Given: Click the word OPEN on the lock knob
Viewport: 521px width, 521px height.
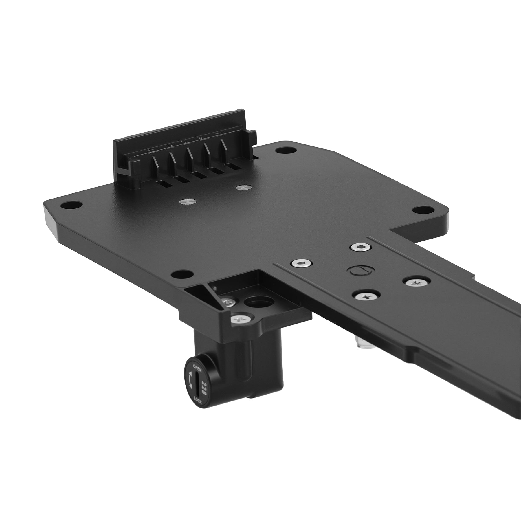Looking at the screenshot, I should pos(197,368).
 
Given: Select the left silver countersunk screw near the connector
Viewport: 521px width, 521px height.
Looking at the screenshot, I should pos(186,201).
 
